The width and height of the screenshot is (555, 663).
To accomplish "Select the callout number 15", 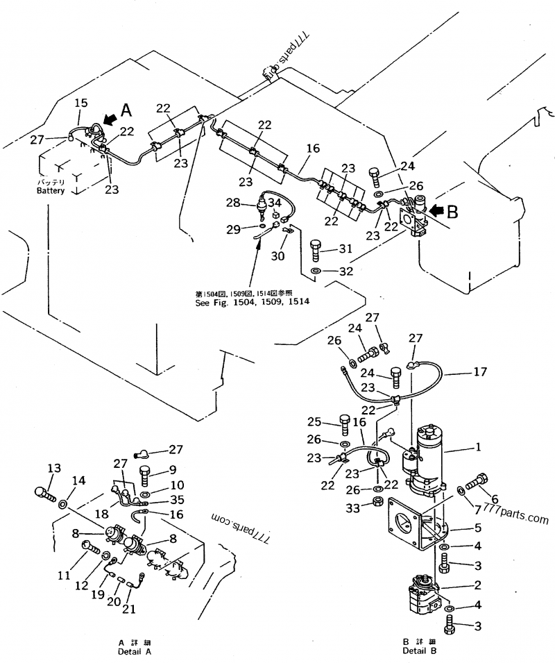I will (x=81, y=103).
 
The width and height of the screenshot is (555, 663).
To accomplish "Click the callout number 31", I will (x=345, y=249).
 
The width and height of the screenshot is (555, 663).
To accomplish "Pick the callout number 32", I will (x=345, y=271).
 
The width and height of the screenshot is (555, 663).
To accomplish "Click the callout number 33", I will (x=354, y=509).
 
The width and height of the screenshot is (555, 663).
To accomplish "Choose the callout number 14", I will (x=80, y=480).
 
